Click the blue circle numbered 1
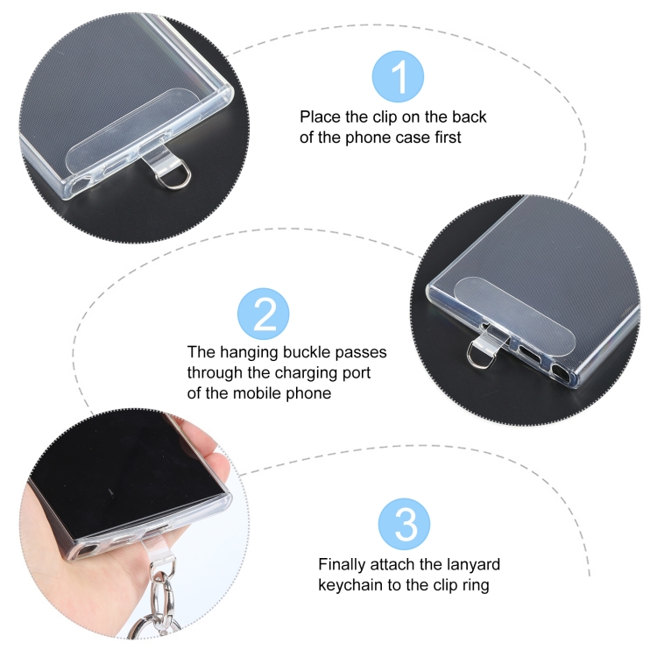click(398, 76)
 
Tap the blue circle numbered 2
click(263, 314)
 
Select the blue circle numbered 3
click(404, 524)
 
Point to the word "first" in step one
click(448, 138)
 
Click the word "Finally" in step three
click(342, 564)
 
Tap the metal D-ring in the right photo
click(477, 356)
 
